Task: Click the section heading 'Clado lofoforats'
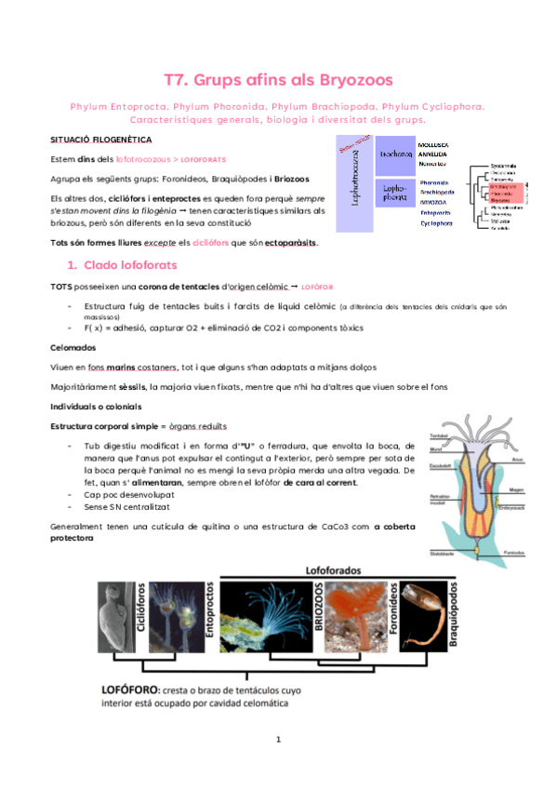pyautogui.click(x=127, y=266)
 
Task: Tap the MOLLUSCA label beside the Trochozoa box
pyautogui.click(x=434, y=145)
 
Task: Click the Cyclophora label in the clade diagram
pyautogui.click(x=437, y=223)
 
